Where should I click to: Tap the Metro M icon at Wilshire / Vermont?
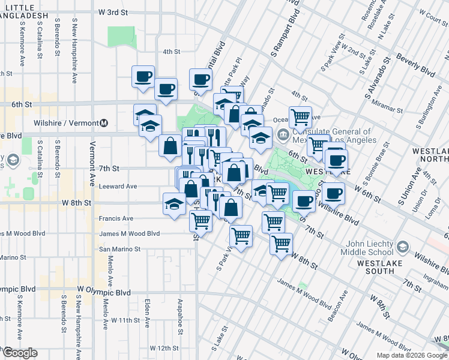(104, 123)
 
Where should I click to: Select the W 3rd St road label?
(113, 12)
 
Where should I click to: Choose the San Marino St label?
(120, 249)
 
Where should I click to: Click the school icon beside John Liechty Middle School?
(403, 246)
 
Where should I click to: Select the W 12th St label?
(164, 348)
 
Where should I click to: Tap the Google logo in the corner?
(20, 353)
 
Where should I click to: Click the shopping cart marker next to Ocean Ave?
(300, 116)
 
